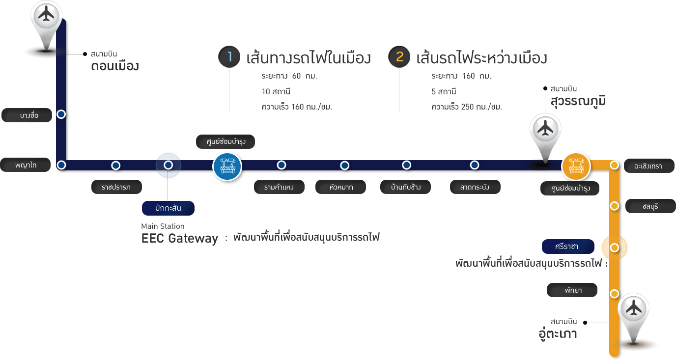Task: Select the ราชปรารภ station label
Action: point(117,187)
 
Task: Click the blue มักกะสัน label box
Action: point(168,208)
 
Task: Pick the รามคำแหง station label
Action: point(279,187)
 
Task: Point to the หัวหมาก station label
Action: point(340,187)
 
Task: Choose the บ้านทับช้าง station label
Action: point(406,187)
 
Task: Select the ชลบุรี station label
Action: point(650,206)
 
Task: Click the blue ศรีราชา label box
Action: point(568,247)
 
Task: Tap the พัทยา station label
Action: point(572,290)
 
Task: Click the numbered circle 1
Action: point(229,57)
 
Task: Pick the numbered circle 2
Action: point(399,57)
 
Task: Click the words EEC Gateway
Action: point(179,239)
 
